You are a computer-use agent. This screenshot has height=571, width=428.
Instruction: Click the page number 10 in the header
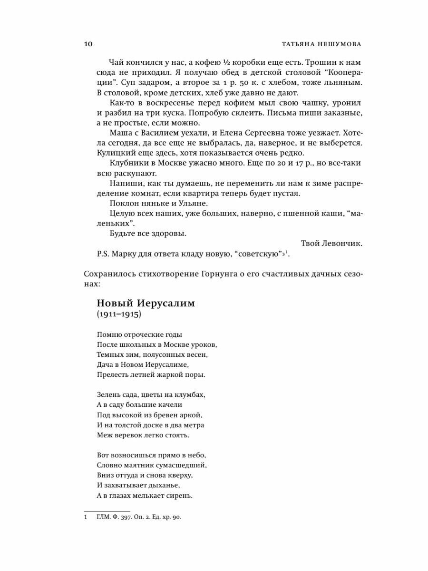pyautogui.click(x=88, y=44)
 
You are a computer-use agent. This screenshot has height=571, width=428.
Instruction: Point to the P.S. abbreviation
pyautogui.click(x=103, y=254)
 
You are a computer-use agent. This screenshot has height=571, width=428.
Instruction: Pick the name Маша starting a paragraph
pyautogui.click(x=119, y=133)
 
